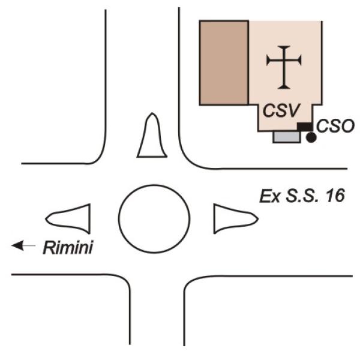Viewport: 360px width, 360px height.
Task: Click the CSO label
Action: point(335,126)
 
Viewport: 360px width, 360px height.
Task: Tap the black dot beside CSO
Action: point(311,138)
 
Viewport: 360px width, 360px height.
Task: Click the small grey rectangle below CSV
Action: point(286,137)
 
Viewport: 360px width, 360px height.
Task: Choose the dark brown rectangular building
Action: point(224,62)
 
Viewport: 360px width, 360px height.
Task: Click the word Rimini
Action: point(68,247)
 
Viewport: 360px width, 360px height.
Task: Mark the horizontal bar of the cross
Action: point(284,60)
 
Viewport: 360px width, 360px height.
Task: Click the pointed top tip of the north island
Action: point(152,115)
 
